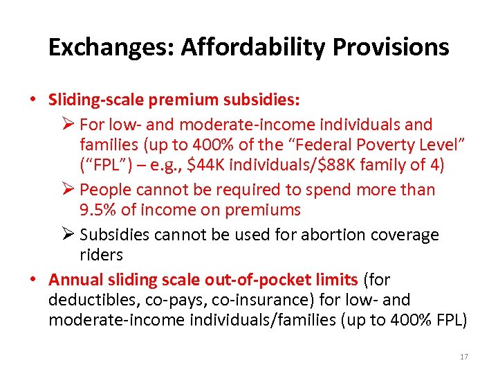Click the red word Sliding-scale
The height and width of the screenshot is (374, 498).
[x=92, y=100]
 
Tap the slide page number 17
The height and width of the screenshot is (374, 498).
[x=463, y=357]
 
